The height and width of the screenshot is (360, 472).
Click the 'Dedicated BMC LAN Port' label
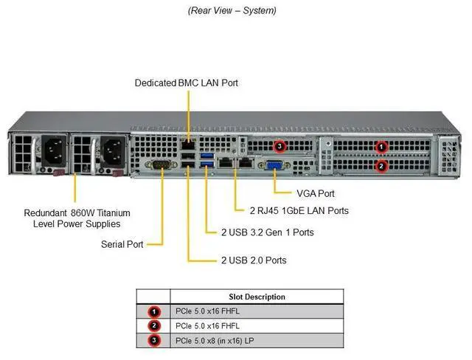point(187,83)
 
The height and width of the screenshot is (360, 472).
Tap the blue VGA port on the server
point(274,166)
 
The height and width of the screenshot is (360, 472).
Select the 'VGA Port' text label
point(316,193)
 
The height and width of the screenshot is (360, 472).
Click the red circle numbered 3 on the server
point(280,146)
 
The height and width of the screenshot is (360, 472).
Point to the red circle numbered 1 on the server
point(381,147)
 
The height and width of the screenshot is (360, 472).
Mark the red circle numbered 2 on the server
point(381,166)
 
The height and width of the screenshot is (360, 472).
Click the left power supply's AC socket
point(53,153)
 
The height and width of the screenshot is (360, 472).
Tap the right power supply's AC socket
point(112,153)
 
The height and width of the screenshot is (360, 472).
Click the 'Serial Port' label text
point(123,243)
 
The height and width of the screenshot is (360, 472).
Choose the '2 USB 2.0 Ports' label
point(254,260)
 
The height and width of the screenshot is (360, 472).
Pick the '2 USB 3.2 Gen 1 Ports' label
point(267,232)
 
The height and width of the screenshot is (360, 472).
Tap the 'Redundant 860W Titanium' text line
point(70,212)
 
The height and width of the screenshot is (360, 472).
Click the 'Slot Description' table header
point(257,297)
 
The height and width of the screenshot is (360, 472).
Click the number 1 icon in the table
point(154,311)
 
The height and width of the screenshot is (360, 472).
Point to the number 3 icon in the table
point(154,340)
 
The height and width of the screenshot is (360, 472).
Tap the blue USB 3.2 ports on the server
point(206,160)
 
